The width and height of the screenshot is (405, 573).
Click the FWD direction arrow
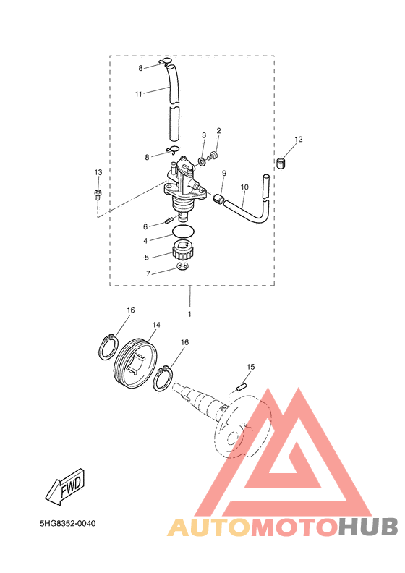(66, 487)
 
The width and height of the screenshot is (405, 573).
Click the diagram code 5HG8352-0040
(68, 523)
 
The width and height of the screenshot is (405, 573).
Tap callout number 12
(299, 139)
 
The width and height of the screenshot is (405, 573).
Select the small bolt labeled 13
(98, 195)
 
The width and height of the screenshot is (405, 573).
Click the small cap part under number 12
(281, 163)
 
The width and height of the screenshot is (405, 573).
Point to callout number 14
(156, 325)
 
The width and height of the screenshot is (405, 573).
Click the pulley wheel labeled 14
(135, 362)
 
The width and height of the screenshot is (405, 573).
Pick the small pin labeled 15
(242, 386)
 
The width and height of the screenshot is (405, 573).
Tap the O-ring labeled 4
(183, 232)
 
